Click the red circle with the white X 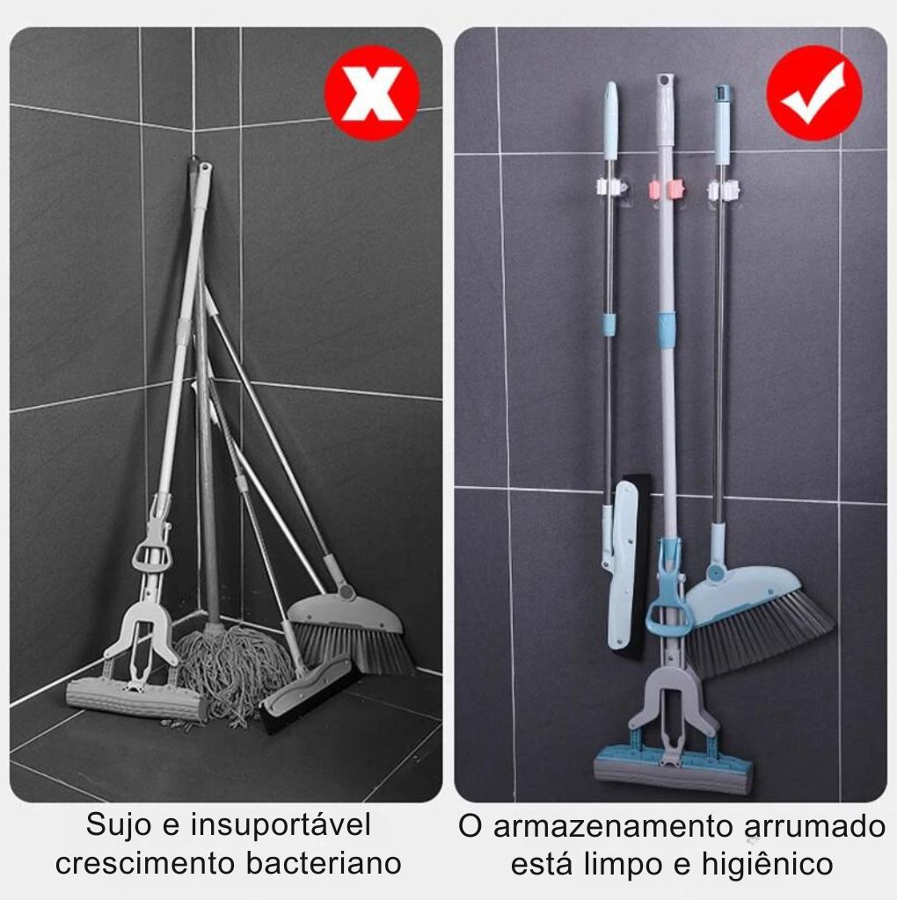pyautogui.click(x=371, y=93)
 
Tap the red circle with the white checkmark pyautogui.click(x=813, y=93)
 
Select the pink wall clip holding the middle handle pyautogui.click(x=667, y=188)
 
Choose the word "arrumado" pyautogui.click(x=815, y=827)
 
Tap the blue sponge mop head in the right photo pyautogui.click(x=673, y=768)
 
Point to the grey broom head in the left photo pyautogui.click(x=350, y=631)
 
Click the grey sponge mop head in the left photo pyautogui.click(x=136, y=700)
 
